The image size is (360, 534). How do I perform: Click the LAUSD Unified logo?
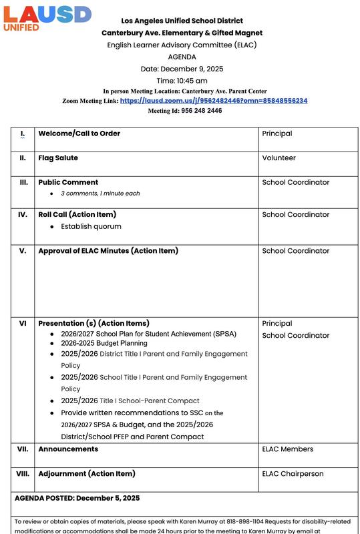point(46,18)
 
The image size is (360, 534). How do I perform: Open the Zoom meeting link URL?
point(214,101)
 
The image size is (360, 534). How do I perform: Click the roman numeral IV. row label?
point(23,215)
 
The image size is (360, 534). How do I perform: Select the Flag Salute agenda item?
point(58,158)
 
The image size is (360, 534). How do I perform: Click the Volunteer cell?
point(279,158)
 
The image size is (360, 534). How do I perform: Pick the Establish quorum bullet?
point(91,227)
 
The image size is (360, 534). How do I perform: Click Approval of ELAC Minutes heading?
point(108,251)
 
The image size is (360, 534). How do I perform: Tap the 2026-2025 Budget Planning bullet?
point(104,343)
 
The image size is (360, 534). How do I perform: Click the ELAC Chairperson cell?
point(293,474)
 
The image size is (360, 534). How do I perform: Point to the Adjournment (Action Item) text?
point(87,474)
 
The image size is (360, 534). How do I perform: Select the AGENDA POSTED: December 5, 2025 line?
point(77,498)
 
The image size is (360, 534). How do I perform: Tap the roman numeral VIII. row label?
point(23,474)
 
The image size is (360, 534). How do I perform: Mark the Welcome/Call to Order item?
point(79,133)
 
